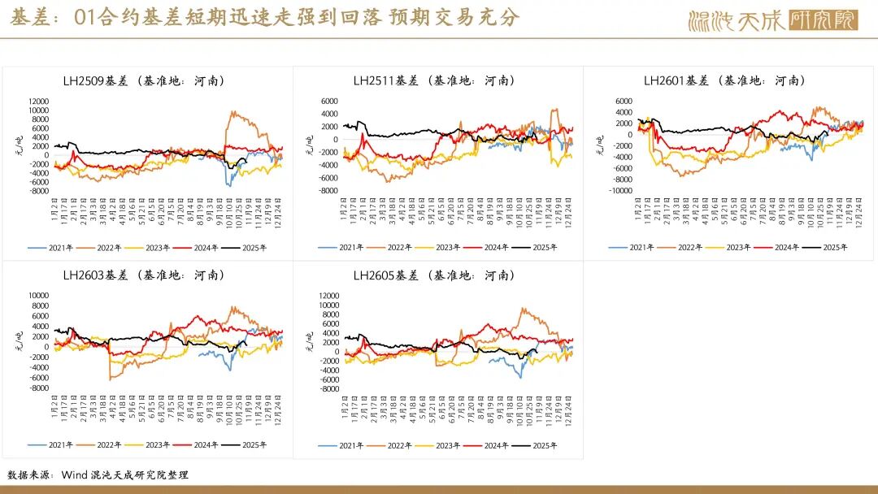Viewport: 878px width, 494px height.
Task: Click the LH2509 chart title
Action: [144, 80]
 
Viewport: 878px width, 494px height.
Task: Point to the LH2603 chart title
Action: [144, 275]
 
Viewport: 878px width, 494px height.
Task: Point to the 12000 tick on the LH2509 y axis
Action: [38, 101]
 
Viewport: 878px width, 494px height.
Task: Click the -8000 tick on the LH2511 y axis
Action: [328, 191]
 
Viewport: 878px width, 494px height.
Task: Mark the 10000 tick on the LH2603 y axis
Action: [38, 296]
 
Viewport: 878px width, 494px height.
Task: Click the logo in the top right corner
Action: [772, 20]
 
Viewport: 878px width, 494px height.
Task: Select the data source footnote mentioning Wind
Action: [98, 474]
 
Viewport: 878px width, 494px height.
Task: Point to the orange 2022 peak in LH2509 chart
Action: [233, 112]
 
